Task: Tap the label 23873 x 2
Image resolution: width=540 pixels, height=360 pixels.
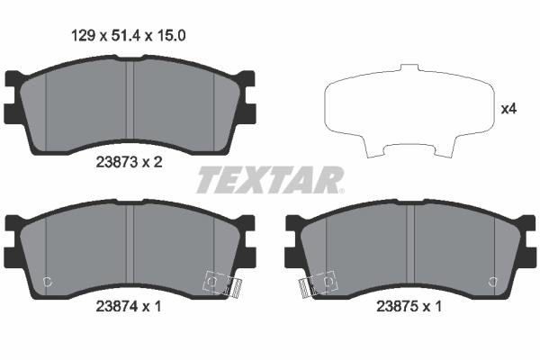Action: pos(128,164)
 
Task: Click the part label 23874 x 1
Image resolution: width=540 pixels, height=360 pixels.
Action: pos(128,305)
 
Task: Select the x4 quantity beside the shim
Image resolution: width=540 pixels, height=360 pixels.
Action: pos(508,110)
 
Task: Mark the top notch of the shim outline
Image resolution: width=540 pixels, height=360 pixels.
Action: pos(410,68)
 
